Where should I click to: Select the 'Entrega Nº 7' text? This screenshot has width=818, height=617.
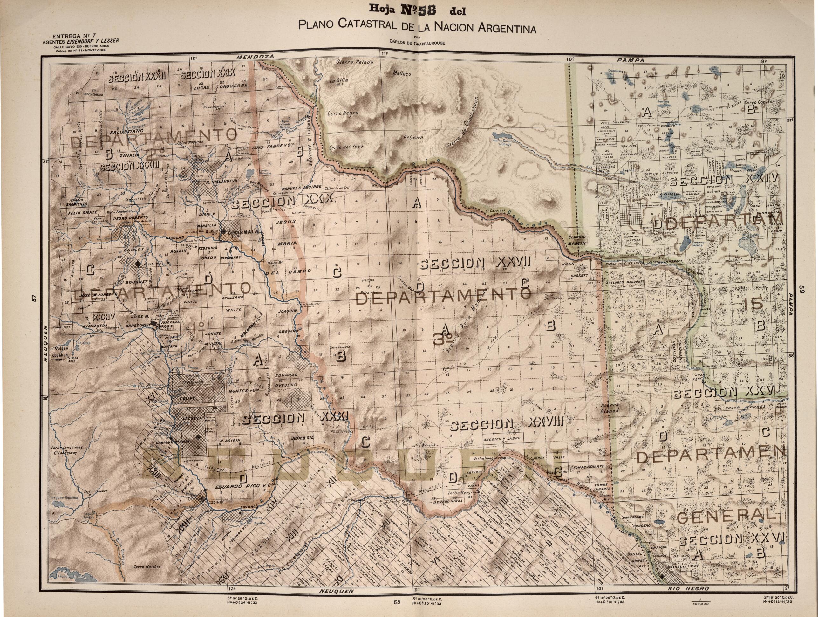72,37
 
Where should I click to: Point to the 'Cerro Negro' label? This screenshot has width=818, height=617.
343,113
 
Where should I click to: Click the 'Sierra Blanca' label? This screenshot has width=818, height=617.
607,408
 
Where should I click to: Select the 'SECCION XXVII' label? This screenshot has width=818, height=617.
475,264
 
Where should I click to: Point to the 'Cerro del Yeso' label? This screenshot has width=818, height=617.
346,147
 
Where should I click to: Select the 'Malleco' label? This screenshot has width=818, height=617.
402,74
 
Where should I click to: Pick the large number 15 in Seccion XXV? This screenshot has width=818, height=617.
752,305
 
